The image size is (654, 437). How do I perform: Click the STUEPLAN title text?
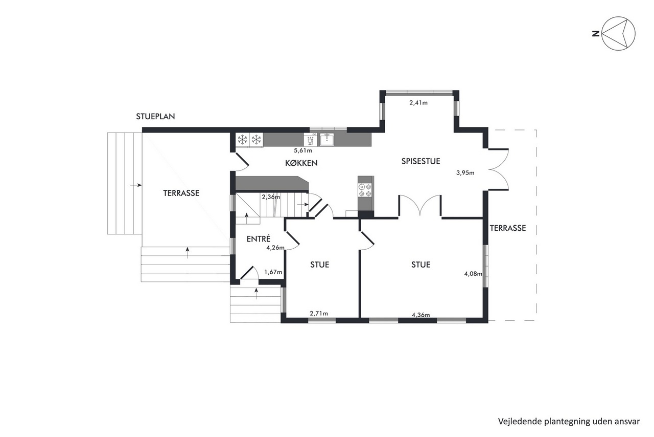point(155,117)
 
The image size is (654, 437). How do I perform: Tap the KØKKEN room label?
point(301,163)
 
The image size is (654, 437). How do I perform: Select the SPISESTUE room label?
point(421,161)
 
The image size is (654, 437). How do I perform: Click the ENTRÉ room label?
point(259,238)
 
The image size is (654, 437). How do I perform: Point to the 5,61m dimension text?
point(303,150)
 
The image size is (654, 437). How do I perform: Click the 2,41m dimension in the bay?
point(418,103)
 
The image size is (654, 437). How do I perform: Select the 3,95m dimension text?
point(465,173)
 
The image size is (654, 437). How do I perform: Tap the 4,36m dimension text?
point(421,315)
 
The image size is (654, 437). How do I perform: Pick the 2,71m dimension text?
point(319,314)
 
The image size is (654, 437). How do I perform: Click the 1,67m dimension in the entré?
point(273,272)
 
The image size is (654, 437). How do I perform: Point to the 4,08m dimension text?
point(473,274)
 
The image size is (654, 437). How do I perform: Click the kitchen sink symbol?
point(326,140)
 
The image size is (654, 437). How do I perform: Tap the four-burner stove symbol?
point(365,190)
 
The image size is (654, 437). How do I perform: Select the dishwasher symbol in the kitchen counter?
point(311,140)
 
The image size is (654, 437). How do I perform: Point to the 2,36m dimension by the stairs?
point(271,197)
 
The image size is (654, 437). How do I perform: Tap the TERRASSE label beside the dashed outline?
point(508,228)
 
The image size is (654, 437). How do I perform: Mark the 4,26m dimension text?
point(275,248)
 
